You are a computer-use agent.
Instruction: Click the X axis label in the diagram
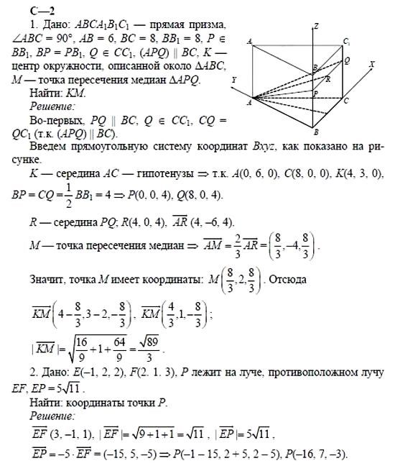[x=372, y=64]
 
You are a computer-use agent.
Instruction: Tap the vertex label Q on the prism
[x=347, y=61]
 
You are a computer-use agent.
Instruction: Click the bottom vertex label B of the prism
[x=316, y=132]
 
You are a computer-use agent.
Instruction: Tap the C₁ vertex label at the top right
[x=347, y=42]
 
